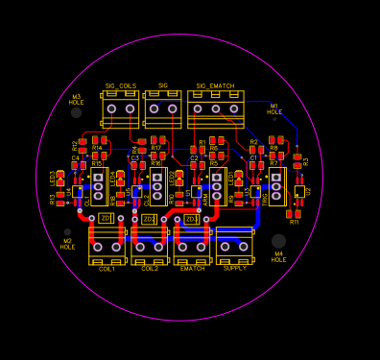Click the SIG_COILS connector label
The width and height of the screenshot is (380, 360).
(121, 86)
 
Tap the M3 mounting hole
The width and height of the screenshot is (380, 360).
(77, 112)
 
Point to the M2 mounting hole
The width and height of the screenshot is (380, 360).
(68, 231)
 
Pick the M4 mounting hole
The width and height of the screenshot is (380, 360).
(278, 241)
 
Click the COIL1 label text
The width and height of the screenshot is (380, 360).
(107, 269)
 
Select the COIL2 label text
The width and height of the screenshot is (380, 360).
(149, 269)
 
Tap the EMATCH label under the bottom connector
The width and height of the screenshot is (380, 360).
(192, 269)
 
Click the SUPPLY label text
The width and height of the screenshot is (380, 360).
(234, 269)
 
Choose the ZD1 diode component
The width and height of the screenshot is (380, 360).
(106, 219)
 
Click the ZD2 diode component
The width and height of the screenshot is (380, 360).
(149, 219)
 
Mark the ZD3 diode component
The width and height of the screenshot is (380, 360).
(191, 219)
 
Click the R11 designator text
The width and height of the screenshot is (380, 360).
(295, 222)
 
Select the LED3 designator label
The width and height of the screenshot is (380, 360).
(53, 179)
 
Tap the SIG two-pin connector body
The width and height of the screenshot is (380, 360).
(163, 108)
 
